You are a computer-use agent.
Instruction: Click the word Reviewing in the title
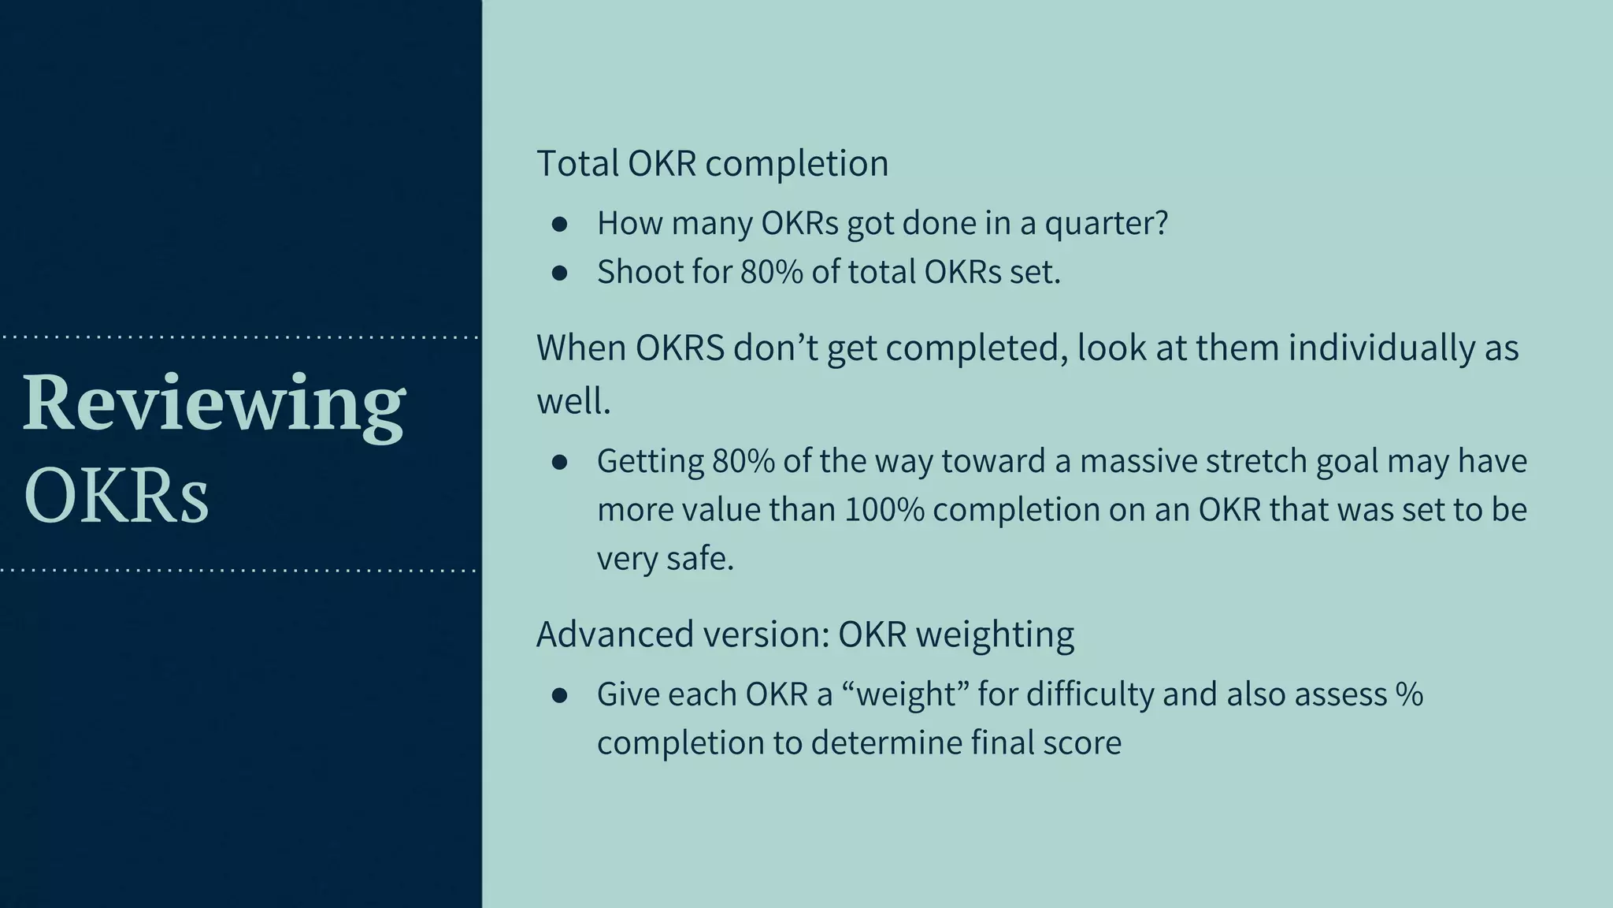click(213, 404)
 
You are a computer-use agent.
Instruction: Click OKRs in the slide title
click(117, 495)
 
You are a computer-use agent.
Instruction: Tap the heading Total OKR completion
click(712, 163)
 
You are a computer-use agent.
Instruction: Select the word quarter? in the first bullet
click(1106, 223)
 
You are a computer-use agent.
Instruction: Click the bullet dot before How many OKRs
click(560, 225)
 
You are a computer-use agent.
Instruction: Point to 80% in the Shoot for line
click(771, 272)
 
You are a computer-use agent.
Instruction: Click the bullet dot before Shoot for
click(560, 274)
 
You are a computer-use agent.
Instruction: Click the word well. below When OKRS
click(573, 401)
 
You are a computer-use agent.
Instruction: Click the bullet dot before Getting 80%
click(560, 463)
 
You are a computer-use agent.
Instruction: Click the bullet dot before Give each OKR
click(560, 696)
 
